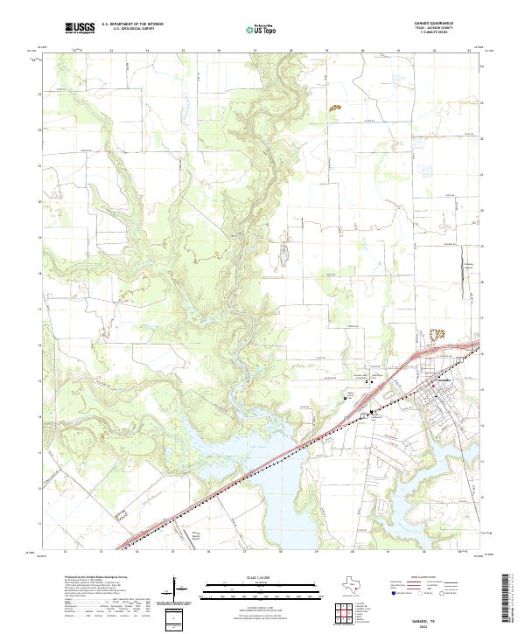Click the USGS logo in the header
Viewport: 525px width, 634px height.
[x=80, y=29]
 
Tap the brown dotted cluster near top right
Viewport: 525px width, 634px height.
[x=332, y=108]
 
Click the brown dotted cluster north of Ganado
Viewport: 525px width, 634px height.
[x=435, y=335]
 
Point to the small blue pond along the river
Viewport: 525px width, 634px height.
[x=284, y=257]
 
